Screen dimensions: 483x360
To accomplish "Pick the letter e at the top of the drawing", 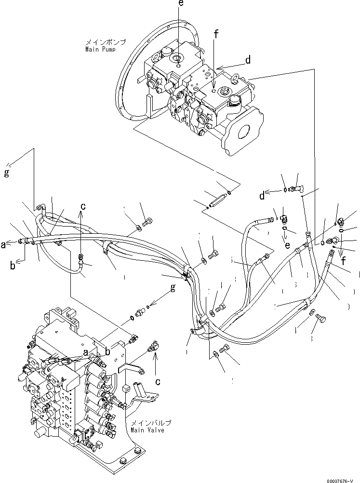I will (x=181, y=3).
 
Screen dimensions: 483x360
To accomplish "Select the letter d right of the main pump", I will (x=248, y=60).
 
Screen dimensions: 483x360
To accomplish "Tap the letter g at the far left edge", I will (x=7, y=173).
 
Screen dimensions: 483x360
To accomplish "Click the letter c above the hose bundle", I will (x=83, y=206).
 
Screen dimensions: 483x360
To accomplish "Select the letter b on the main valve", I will (x=107, y=352).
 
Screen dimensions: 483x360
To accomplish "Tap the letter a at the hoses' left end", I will (x=4, y=245).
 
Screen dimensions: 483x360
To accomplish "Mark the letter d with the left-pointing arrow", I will (x=262, y=196).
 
